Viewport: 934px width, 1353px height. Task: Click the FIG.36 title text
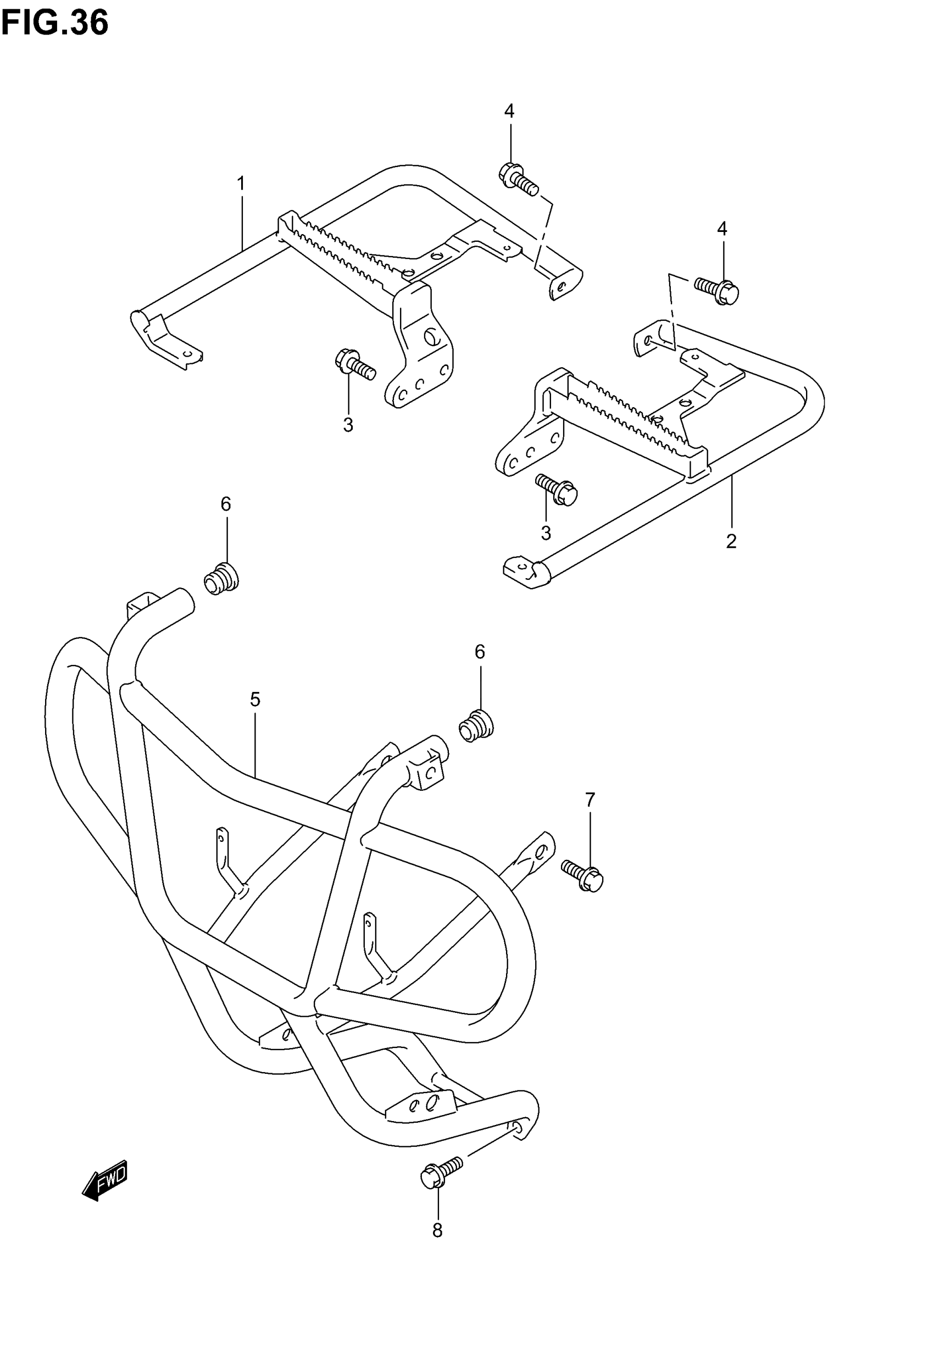coord(54,24)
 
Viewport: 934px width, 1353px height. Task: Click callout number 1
coord(241,184)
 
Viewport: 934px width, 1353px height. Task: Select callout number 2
coord(731,541)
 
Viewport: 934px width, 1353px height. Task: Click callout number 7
coord(590,799)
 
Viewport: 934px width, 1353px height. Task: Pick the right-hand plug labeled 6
coord(476,727)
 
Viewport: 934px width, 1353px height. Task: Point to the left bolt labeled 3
coord(354,364)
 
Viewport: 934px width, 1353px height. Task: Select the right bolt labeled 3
coord(557,490)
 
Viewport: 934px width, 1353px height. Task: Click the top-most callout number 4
coord(509,110)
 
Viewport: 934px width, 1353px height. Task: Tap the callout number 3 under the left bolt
coord(348,425)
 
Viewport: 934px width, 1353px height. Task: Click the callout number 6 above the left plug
coord(226,504)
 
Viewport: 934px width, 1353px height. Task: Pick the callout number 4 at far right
coord(722,229)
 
